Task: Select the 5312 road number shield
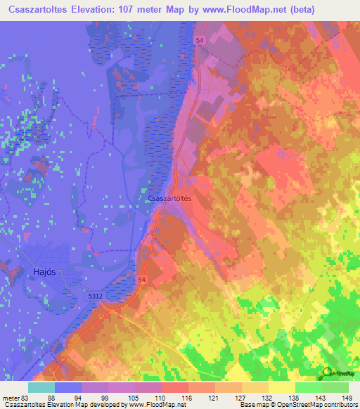96,297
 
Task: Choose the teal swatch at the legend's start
41,387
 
